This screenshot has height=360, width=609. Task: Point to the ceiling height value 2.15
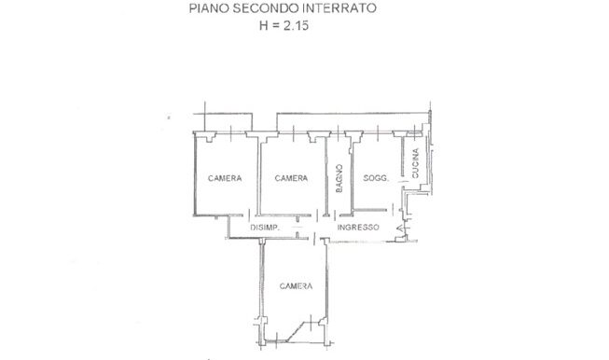pyautogui.click(x=296, y=25)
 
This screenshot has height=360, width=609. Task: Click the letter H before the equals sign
pyautogui.click(x=264, y=25)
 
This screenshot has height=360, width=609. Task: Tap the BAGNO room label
pyautogui.click(x=339, y=179)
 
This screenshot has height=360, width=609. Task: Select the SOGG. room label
pyautogui.click(x=376, y=178)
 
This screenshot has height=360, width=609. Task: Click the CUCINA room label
pyautogui.click(x=415, y=163)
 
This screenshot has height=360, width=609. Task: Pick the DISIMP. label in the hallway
pyautogui.click(x=265, y=228)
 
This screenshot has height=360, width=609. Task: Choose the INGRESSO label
pyautogui.click(x=358, y=228)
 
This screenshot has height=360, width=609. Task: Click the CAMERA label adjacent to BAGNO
pyautogui.click(x=291, y=178)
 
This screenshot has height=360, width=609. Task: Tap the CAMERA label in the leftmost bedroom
pyautogui.click(x=225, y=178)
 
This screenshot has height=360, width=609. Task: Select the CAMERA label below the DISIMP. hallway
pyautogui.click(x=296, y=286)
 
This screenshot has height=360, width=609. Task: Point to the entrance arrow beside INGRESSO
pyautogui.click(x=399, y=228)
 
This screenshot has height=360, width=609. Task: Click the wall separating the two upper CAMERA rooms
pyautogui.click(x=258, y=176)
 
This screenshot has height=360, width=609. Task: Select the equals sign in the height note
pyautogui.click(x=276, y=26)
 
